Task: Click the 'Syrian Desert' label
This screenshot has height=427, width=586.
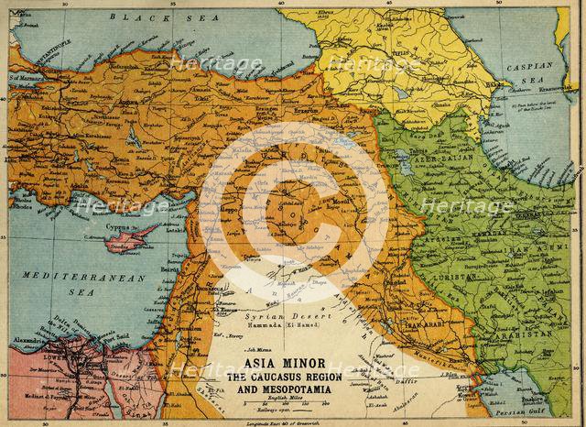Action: pyautogui.click(x=274, y=312)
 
